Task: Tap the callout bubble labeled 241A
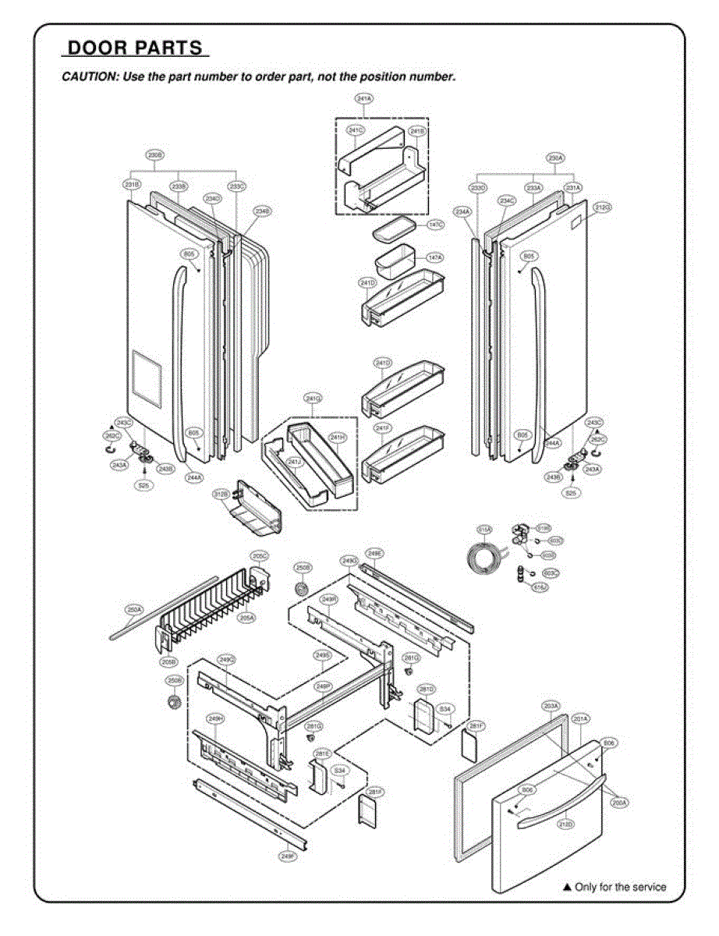pyautogui.click(x=363, y=99)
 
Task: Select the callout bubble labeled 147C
pyautogui.click(x=435, y=225)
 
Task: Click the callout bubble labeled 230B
pyautogui.click(x=155, y=156)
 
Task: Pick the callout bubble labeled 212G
pyautogui.click(x=602, y=207)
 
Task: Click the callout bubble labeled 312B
pyautogui.click(x=221, y=495)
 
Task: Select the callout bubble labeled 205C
pyautogui.click(x=259, y=555)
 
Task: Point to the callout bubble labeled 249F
pyautogui.click(x=287, y=856)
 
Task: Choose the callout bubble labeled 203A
pyautogui.click(x=551, y=706)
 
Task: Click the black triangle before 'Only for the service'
pyautogui.click(x=567, y=887)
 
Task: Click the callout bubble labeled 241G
pyautogui.click(x=313, y=399)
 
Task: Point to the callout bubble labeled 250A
pyautogui.click(x=133, y=609)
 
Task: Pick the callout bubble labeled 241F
pyautogui.click(x=382, y=428)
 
